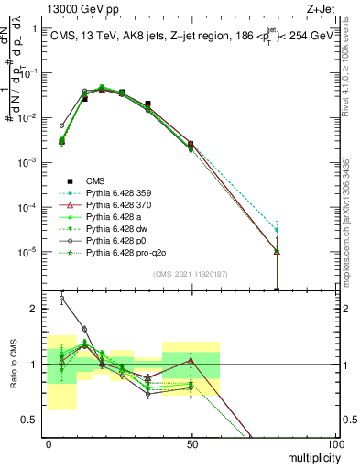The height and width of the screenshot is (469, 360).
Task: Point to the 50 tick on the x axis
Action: (191, 443)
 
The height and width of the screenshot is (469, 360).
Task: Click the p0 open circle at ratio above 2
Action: (62, 298)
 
